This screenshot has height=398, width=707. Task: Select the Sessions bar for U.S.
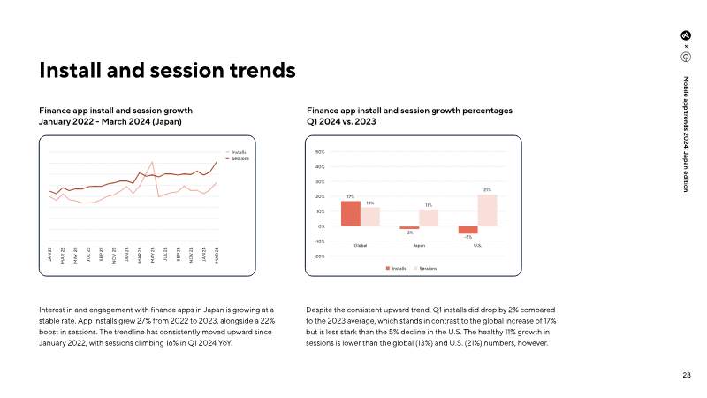487,210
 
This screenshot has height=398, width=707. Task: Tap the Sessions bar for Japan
429,218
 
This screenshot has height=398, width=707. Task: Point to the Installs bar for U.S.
468,230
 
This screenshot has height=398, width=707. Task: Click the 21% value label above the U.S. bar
487,190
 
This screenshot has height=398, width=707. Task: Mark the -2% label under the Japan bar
409,233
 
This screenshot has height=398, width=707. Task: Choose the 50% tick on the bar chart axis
319,152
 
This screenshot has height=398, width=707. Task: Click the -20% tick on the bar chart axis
319,256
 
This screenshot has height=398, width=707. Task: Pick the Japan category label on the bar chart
419,245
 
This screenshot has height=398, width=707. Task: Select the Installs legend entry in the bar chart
397,267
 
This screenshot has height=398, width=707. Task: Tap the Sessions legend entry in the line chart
239,158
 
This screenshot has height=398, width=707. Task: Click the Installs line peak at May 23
153,163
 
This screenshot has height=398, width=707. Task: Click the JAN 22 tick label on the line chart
50,255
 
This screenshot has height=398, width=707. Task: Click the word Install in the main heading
71,68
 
